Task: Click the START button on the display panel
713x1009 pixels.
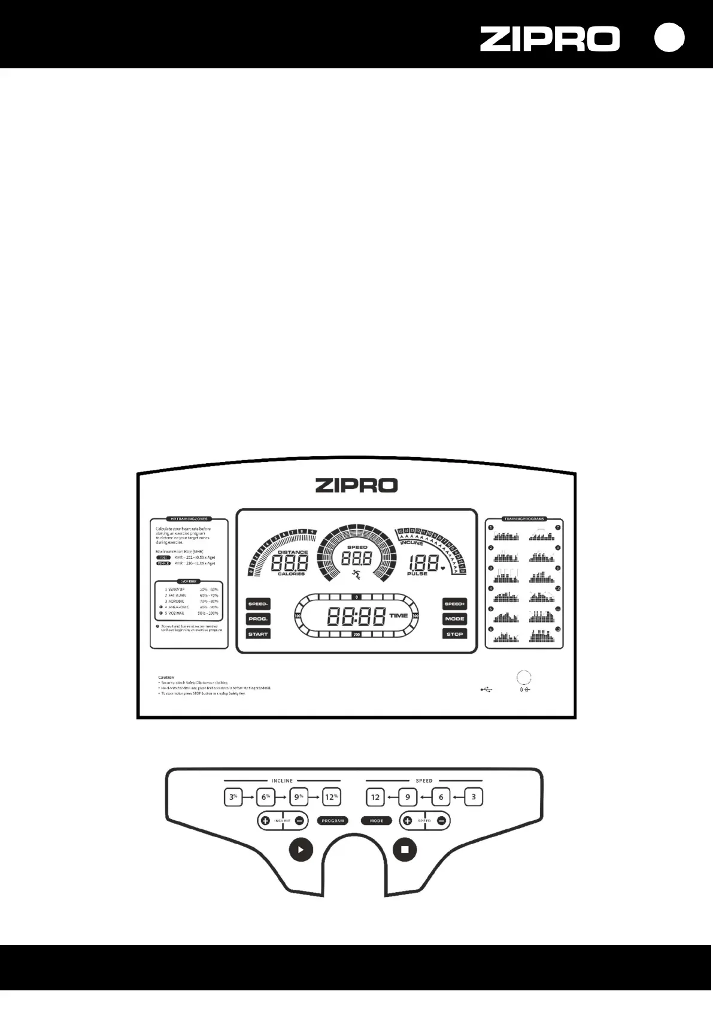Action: point(258,633)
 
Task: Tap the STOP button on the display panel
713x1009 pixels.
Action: point(454,633)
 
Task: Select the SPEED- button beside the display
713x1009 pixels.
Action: point(258,604)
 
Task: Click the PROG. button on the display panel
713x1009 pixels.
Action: point(258,618)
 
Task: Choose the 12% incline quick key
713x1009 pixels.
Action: point(331,797)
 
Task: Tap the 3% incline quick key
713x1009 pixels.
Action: point(233,797)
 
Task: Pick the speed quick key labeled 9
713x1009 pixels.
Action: point(408,797)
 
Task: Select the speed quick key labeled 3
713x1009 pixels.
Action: point(474,797)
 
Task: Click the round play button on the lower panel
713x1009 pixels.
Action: point(301,850)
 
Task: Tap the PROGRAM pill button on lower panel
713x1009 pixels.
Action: point(333,821)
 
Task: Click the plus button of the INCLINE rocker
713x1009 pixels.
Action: point(265,821)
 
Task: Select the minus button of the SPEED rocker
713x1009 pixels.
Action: point(441,821)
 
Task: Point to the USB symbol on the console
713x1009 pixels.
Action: point(486,690)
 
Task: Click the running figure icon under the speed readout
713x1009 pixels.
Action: point(356,575)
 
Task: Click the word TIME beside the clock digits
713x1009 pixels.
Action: point(398,615)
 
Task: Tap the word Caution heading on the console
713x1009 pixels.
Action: point(166,677)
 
